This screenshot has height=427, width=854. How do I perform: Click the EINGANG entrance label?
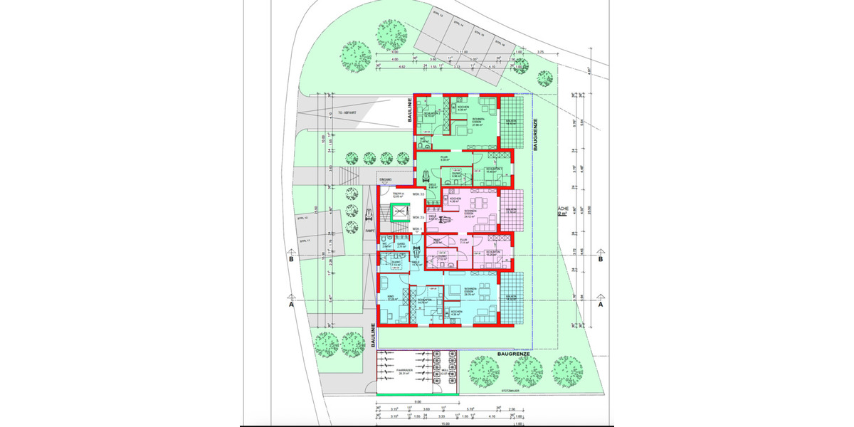click(x=386, y=179)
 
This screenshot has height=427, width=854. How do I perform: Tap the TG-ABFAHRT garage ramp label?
click(x=347, y=112)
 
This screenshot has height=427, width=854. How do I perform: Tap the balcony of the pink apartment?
click(x=511, y=211)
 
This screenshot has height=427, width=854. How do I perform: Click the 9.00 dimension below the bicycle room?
click(x=406, y=403)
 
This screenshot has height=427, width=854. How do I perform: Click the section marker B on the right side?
click(x=601, y=260)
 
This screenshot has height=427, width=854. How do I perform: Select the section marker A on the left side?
click(x=290, y=303)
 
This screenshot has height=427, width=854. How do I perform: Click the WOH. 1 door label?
click(x=418, y=228)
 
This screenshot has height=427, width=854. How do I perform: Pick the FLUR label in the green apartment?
click(x=443, y=158)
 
